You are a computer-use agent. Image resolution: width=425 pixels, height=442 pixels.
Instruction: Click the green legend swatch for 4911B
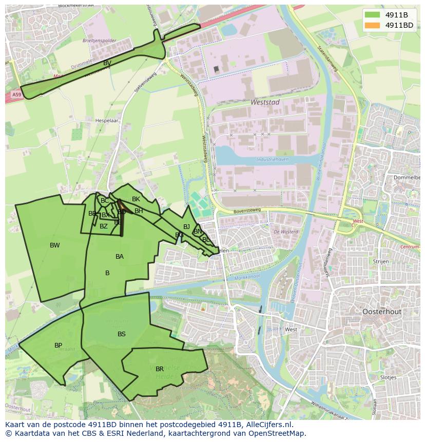click(373, 15)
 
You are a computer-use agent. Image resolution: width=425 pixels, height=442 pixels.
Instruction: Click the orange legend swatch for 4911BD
click(373, 25)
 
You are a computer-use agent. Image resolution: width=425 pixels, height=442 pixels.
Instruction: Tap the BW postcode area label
click(55, 245)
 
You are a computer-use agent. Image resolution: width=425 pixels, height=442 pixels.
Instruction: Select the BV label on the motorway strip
click(107, 63)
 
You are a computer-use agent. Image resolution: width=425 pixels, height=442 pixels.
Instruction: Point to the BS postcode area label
click(122, 334)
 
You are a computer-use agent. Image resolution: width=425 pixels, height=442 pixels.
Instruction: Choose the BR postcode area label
click(160, 369)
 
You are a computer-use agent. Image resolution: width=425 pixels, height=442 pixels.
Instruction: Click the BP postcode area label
click(59, 345)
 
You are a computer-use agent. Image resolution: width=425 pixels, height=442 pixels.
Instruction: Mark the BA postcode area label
click(120, 257)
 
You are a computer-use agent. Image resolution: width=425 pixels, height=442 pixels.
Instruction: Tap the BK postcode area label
click(136, 199)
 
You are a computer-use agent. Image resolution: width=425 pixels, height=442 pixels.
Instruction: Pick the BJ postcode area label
click(186, 227)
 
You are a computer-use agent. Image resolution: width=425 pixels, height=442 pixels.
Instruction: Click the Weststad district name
click(265, 102)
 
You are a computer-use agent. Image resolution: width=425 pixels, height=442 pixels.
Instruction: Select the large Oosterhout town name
click(382, 312)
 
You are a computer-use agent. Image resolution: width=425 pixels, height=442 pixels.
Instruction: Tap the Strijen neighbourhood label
click(381, 261)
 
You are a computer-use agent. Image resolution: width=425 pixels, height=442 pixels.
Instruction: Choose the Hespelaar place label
click(106, 121)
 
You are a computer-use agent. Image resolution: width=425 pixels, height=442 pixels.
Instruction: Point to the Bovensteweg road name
click(246, 209)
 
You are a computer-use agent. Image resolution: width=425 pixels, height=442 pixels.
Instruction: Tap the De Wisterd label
click(286, 232)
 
